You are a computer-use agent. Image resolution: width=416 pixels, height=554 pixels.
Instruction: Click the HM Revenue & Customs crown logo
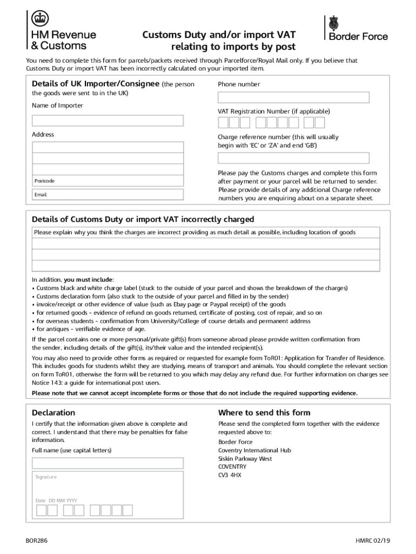pos(38,19)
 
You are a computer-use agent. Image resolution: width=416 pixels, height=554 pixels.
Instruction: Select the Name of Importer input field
pos(108,120)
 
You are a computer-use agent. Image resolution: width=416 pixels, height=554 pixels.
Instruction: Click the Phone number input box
pos(293,97)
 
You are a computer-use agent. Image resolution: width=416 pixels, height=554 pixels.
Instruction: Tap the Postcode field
pos(108,181)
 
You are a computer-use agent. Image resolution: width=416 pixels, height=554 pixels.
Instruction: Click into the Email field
pos(108,194)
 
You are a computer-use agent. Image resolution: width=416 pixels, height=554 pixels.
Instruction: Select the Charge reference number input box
pos(293,158)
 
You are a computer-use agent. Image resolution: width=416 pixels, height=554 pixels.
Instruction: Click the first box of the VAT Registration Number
pos(223,123)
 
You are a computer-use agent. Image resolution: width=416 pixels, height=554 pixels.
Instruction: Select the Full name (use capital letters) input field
pos(108,463)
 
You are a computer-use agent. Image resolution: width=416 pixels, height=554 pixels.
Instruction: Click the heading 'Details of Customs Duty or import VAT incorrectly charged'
pos(143,219)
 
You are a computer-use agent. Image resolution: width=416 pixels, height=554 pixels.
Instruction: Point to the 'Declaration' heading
pos(53,412)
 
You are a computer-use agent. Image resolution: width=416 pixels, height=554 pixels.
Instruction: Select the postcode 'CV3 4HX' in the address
pos(230,475)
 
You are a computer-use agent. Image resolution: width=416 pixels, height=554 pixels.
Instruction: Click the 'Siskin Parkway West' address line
pos(245,459)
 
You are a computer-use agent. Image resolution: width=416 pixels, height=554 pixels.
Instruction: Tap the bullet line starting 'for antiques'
pos(90,329)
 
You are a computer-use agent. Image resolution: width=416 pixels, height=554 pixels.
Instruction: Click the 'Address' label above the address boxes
pos(43,135)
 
